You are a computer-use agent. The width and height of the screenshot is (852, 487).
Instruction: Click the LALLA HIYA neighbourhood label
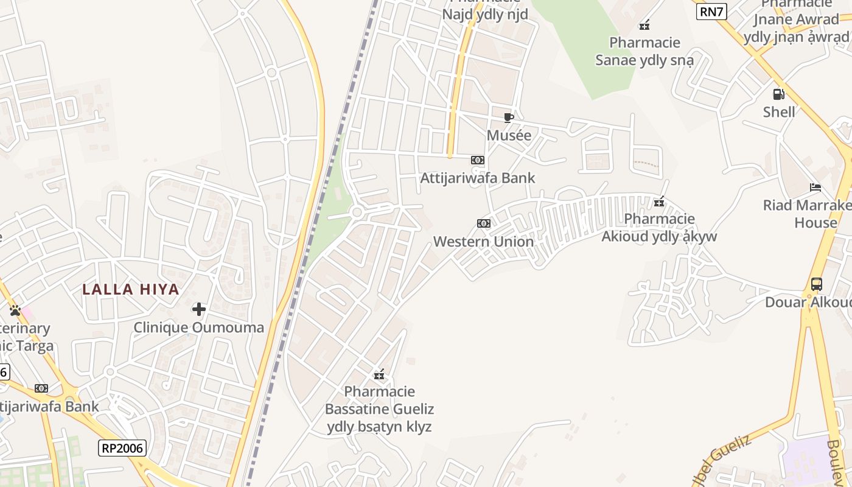tap(131, 289)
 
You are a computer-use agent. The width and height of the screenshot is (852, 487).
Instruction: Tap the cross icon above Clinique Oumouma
tap(199, 309)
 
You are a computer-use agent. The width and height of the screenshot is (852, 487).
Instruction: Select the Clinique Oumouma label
tap(199, 328)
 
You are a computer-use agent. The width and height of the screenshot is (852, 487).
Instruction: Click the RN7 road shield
tap(711, 11)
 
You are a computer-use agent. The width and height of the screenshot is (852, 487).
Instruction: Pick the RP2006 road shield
tap(122, 448)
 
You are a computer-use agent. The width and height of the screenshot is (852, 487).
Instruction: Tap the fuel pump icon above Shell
tap(778, 94)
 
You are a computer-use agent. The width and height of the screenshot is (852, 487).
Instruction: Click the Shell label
tap(779, 112)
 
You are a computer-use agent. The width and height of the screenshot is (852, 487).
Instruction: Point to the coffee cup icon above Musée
tap(509, 117)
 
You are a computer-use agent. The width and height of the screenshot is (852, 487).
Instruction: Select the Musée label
tap(509, 135)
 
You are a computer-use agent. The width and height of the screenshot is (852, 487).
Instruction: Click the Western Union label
tap(483, 242)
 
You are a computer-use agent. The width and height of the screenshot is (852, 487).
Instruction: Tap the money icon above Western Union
tap(484, 223)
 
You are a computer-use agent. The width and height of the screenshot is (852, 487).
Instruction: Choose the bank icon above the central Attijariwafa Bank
tap(478, 160)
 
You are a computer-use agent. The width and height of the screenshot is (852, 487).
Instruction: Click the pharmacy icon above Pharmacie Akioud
tap(659, 201)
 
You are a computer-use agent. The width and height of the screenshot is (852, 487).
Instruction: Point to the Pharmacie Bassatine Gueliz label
tap(379, 408)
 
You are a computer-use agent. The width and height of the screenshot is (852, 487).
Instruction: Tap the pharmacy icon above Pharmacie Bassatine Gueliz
tap(379, 374)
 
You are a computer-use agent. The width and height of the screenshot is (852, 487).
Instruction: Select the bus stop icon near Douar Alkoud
tap(817, 284)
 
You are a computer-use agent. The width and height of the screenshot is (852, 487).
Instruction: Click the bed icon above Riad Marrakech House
tap(815, 187)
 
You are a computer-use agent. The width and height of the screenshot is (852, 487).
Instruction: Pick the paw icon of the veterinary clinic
tap(15, 310)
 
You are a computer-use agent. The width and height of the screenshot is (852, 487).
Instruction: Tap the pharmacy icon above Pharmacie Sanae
tap(644, 25)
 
